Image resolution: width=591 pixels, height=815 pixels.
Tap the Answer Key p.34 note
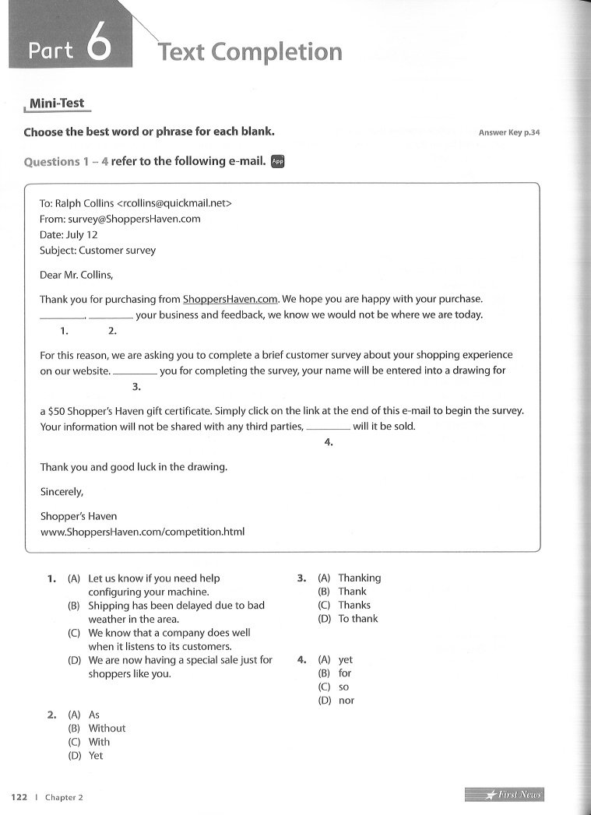(509, 132)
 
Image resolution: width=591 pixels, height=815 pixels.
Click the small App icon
(278, 162)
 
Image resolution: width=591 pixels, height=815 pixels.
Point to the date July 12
(82, 234)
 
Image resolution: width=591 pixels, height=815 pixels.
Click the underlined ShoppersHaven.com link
(230, 299)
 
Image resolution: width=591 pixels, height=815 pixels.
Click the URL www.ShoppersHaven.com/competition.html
(142, 532)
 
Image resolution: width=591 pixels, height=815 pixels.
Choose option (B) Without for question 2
(106, 729)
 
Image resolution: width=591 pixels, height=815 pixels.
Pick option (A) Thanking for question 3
(359, 578)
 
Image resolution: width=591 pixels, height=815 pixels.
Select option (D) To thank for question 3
(357, 619)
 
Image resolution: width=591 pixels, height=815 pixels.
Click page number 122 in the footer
(19, 797)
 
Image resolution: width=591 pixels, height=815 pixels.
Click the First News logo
(505, 794)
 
